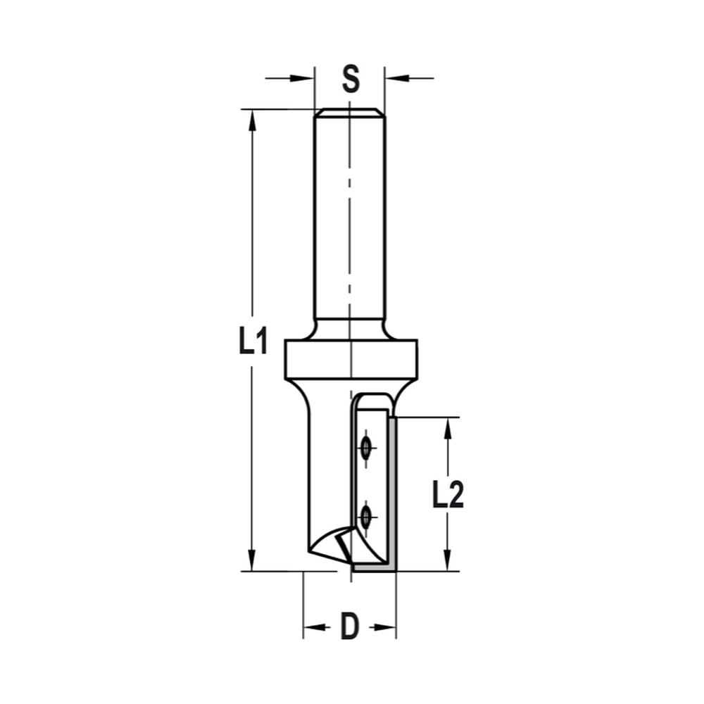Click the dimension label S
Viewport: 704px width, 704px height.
350,78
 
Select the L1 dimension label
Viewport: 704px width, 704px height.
252,342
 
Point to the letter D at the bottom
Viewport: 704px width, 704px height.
349,627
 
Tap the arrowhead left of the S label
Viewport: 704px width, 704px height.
303,78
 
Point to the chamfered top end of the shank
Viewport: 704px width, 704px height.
350,113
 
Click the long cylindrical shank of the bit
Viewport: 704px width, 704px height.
331,218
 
